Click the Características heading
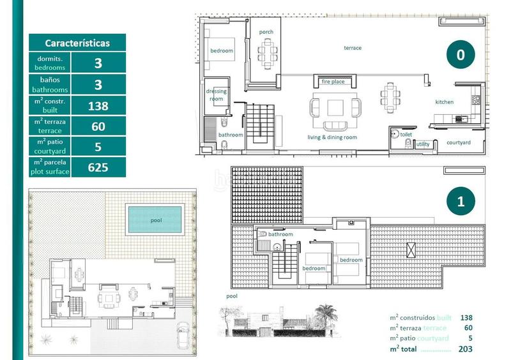[x=77, y=43]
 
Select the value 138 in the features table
[x=98, y=106]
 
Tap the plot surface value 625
[x=98, y=167]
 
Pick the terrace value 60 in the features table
[x=98, y=126]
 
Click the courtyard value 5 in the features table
[x=98, y=147]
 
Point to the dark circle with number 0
[x=460, y=56]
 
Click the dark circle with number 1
[x=460, y=202]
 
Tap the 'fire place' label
[x=333, y=82]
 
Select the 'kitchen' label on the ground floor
[x=445, y=102]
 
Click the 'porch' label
[x=266, y=32]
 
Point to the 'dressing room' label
[x=217, y=95]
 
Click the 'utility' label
[x=423, y=145]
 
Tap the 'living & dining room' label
[x=332, y=137]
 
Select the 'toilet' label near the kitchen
[x=406, y=135]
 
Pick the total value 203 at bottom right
[x=465, y=349]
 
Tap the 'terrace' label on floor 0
[x=353, y=48]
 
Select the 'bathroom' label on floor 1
[x=280, y=234]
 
